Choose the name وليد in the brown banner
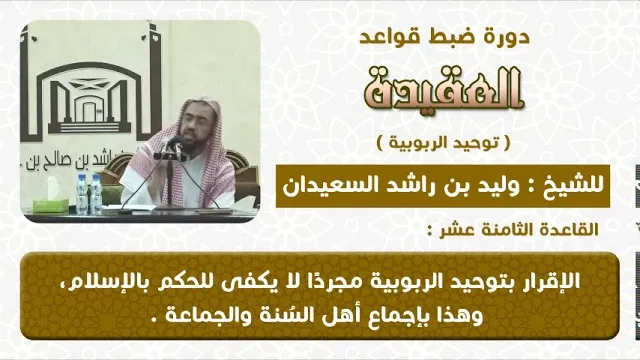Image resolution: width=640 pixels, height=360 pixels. pos(502,187)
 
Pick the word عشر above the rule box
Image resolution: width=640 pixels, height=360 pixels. pos(453,231)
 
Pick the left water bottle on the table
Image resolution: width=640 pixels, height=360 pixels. pos(82,194)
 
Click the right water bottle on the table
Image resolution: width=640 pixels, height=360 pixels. pos(96,194)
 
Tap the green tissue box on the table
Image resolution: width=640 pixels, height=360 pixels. pos(51,203)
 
